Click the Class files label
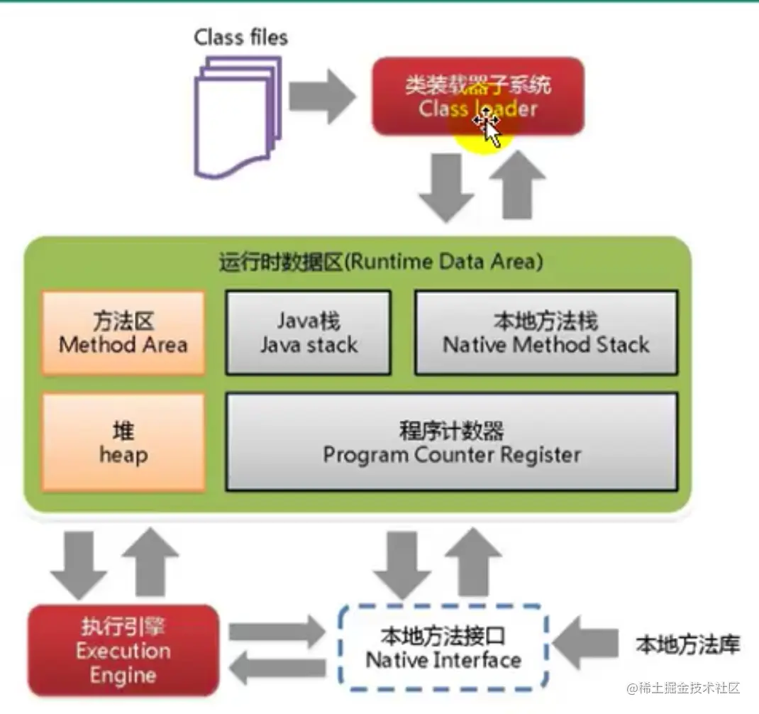(241, 37)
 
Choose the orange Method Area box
(123, 333)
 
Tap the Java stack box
(308, 333)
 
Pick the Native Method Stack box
(545, 333)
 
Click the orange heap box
(123, 442)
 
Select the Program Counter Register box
(451, 442)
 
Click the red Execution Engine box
(123, 650)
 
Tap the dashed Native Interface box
(443, 647)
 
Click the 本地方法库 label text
(687, 645)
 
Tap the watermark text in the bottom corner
(682, 688)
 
